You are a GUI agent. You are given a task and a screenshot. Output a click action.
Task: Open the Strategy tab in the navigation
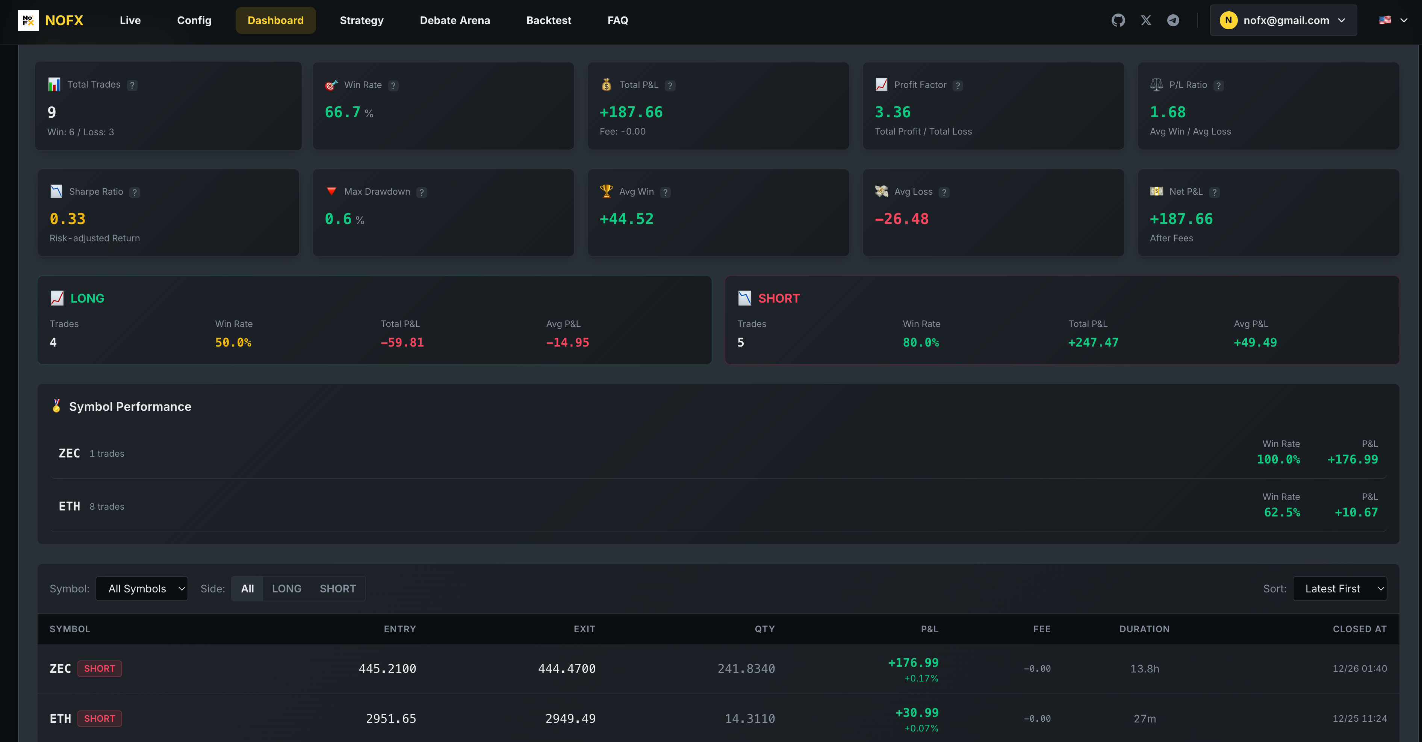click(x=362, y=20)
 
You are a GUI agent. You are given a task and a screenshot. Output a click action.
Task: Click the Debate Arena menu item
click(x=455, y=20)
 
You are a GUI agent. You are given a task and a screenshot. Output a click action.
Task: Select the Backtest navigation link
click(x=549, y=20)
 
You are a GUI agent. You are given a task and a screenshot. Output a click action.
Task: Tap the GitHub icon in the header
click(x=1118, y=20)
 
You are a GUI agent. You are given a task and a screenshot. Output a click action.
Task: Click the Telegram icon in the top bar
click(x=1173, y=20)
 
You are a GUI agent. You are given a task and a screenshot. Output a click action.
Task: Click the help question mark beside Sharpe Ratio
click(x=135, y=192)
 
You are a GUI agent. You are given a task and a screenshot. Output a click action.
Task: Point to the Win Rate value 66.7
click(x=342, y=113)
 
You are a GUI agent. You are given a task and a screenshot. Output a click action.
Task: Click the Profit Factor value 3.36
click(x=893, y=113)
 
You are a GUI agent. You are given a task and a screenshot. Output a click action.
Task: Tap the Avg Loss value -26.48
click(x=902, y=219)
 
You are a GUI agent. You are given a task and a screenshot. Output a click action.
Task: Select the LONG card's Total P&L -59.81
click(x=402, y=343)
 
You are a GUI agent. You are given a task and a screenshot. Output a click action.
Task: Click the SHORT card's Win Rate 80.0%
click(x=920, y=343)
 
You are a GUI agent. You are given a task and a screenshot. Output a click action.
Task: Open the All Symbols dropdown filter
click(x=142, y=589)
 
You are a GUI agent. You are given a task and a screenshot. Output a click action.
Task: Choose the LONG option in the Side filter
click(x=286, y=589)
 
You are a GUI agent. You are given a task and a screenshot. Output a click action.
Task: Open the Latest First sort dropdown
click(x=1339, y=589)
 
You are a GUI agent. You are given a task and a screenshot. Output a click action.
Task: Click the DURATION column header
click(x=1144, y=629)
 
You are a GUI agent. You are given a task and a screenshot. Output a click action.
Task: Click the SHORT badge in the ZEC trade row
click(x=99, y=669)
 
